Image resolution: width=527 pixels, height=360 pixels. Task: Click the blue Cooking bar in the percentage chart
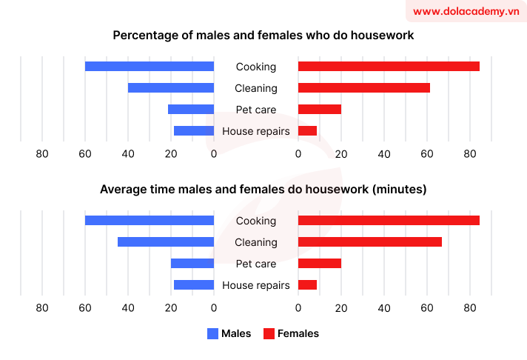[150, 67]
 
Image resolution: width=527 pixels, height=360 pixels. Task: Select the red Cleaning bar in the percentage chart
[363, 88]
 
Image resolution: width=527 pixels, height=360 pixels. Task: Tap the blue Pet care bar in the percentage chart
[191, 110]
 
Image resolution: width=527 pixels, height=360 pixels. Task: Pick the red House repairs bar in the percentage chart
[307, 131]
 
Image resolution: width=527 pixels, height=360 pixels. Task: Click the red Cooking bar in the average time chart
[389, 221]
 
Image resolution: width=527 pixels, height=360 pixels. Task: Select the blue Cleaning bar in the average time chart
[166, 242]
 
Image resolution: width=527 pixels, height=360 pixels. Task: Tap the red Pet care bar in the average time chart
[319, 264]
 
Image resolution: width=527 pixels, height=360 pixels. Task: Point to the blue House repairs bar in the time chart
[194, 285]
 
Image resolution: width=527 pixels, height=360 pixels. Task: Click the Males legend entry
[229, 333]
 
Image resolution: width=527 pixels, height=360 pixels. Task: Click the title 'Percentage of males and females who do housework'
[263, 36]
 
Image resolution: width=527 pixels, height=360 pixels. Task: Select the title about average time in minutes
[263, 190]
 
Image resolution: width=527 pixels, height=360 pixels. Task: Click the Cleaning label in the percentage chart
[256, 88]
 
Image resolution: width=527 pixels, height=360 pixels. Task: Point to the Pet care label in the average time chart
[256, 264]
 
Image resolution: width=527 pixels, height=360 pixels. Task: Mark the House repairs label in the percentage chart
[256, 131]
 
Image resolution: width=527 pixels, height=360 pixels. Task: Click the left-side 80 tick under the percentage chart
[42, 154]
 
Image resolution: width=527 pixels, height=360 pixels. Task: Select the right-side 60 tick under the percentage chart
[427, 154]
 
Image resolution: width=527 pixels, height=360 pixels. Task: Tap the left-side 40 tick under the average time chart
[128, 308]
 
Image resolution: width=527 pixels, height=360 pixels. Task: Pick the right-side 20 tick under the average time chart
[341, 308]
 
